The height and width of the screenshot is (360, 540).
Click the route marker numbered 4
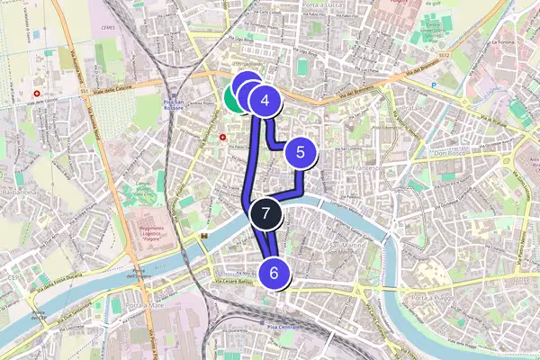coord(265,101)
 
